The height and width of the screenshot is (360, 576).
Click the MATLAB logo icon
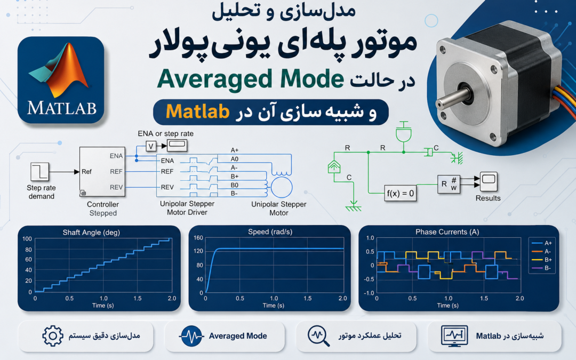[61, 79]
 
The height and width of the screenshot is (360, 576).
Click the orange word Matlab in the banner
[198, 111]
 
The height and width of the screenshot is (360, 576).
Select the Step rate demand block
[39, 172]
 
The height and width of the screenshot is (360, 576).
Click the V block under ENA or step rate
[150, 146]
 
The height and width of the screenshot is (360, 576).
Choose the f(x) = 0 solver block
[400, 193]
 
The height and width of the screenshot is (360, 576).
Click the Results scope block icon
[489, 181]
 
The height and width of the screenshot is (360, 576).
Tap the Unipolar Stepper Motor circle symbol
[282, 187]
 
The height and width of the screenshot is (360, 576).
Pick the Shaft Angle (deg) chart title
[91, 232]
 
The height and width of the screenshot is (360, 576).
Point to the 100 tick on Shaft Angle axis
[27, 239]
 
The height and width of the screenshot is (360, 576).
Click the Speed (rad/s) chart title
[270, 232]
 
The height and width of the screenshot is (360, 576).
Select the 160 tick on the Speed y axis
[198, 238]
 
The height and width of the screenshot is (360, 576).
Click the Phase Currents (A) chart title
[447, 232]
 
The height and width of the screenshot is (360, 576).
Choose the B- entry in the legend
[542, 268]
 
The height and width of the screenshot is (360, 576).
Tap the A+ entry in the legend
[542, 243]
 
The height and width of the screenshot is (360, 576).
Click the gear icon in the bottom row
[52, 336]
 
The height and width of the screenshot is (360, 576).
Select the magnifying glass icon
[318, 336]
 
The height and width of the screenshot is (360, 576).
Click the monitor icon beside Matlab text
[454, 336]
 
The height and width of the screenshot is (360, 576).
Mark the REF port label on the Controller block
[116, 172]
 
